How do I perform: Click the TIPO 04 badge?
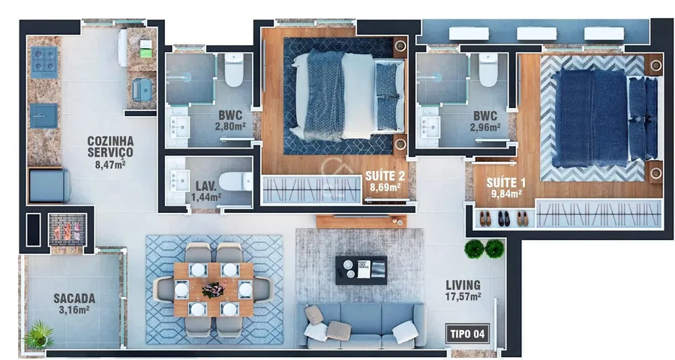[467, 334]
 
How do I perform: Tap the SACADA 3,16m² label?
[74, 304]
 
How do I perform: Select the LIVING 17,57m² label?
[463, 290]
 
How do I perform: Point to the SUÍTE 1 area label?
[506, 187]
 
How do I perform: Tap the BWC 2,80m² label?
[230, 121]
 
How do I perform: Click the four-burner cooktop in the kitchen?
[44, 59]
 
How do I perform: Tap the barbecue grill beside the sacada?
[67, 229]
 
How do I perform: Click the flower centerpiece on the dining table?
[213, 289]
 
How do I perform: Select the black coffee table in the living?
[361, 270]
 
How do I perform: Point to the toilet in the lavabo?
[235, 181]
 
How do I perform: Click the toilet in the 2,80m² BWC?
[234, 70]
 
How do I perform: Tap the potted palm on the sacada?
[39, 334]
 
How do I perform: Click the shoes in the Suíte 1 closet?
[504, 219]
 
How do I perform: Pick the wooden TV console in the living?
[361, 221]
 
